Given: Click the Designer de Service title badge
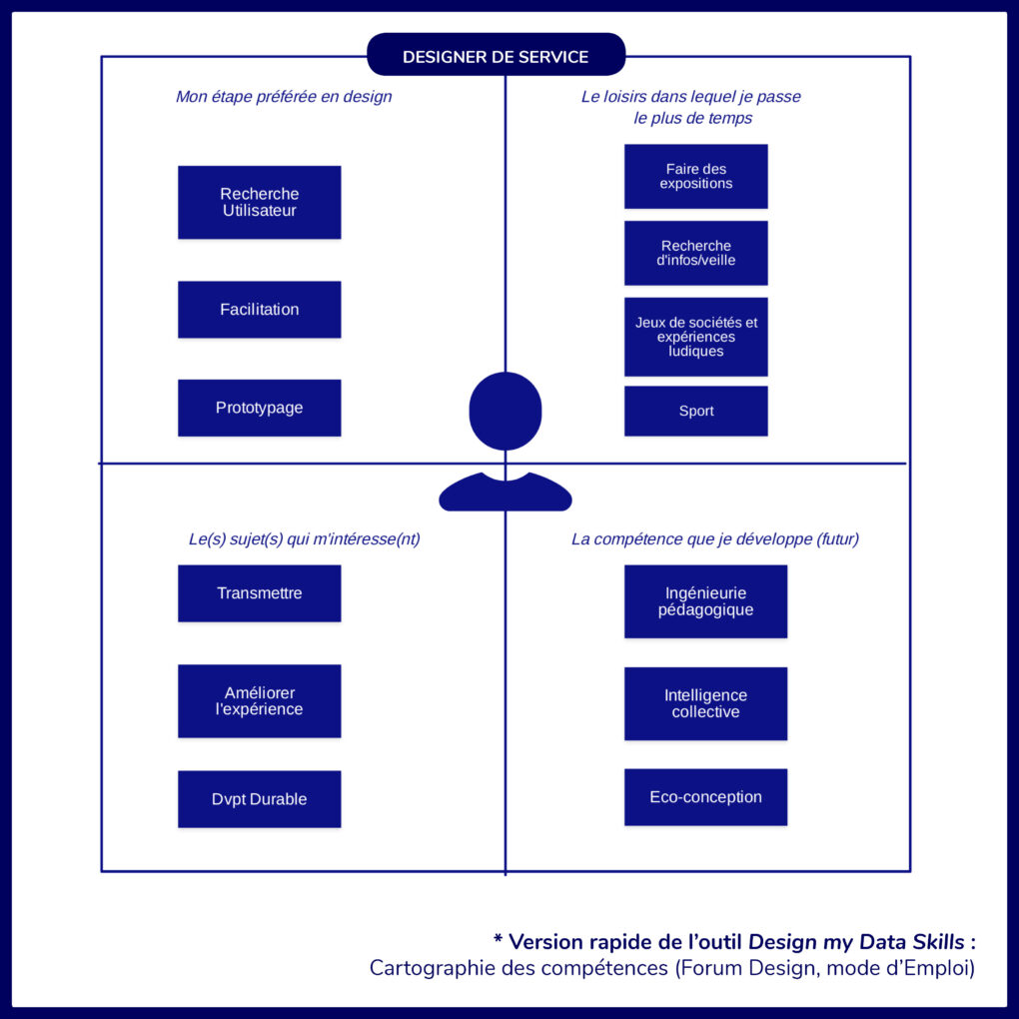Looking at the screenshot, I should tap(496, 56).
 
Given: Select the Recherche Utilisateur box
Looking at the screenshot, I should tap(260, 203).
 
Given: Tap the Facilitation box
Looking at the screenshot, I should tap(260, 310).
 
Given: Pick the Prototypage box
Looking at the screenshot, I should tap(260, 408).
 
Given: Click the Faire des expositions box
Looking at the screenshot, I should tap(696, 177).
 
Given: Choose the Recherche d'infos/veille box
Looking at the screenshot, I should tap(696, 254).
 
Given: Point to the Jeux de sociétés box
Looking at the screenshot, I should tap(696, 337).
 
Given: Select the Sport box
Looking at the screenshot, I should tap(696, 412).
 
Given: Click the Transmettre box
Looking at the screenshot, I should tap(260, 593).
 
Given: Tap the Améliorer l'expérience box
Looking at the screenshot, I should tap(260, 701).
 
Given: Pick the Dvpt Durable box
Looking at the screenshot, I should tap(260, 799).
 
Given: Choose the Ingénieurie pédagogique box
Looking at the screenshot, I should tap(705, 601).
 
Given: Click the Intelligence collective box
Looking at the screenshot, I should tap(705, 703).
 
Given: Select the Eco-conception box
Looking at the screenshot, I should tap(705, 797).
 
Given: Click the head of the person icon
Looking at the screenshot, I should tap(506, 411).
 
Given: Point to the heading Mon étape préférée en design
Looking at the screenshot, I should tap(284, 97).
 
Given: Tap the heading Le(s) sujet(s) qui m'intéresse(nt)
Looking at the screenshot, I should tap(305, 539).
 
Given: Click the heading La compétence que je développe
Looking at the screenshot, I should tap(715, 539).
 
